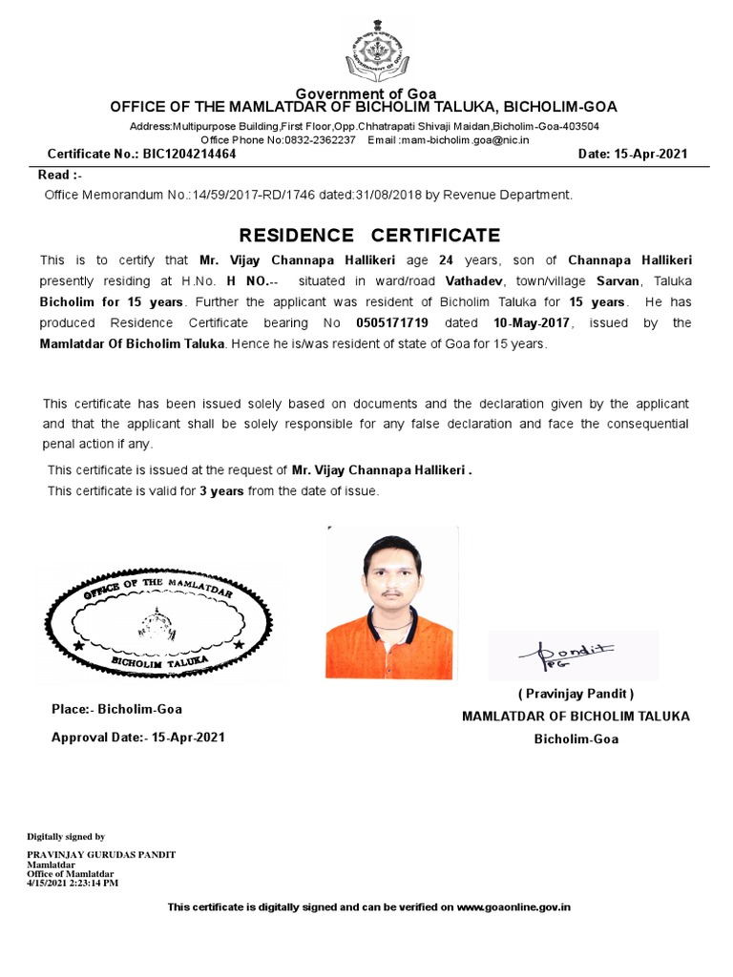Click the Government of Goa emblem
click(376, 52)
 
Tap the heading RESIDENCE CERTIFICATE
click(368, 235)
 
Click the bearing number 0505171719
click(391, 323)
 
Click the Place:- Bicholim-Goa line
click(116, 709)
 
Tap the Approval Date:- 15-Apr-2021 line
click(138, 738)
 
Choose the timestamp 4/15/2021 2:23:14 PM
click(73, 883)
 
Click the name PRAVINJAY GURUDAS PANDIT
click(101, 854)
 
